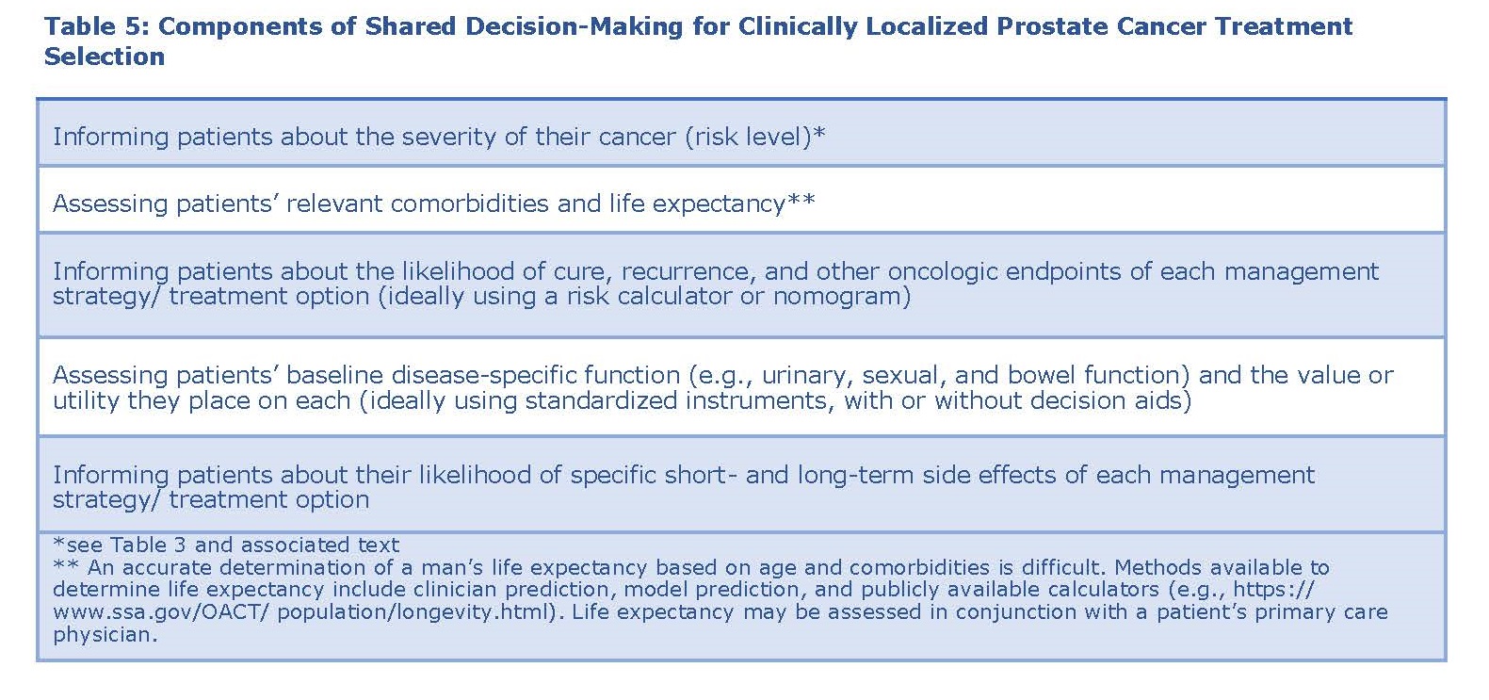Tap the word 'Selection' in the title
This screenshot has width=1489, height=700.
tap(105, 57)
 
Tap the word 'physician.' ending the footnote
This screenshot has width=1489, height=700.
tap(105, 635)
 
